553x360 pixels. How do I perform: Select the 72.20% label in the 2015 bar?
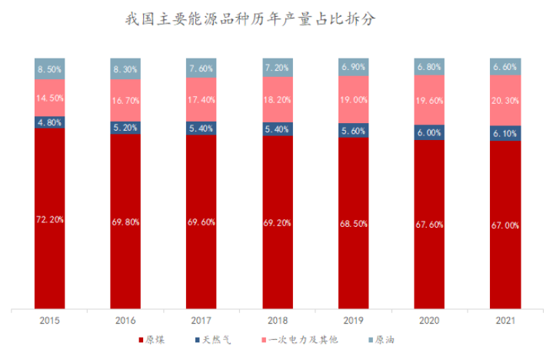point(49,219)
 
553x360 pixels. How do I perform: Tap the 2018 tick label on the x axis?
point(278,320)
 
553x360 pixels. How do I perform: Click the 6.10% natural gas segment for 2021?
point(505,133)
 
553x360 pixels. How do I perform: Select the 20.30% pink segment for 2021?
point(505,100)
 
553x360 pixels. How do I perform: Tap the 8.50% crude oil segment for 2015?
point(49,68)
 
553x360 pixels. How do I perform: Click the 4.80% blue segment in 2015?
point(49,122)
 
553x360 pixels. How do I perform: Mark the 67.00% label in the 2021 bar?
point(505,226)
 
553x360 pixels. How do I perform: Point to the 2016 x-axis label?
point(125,320)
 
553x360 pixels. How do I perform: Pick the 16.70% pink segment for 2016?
point(125,100)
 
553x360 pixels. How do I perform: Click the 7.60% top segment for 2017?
point(202,68)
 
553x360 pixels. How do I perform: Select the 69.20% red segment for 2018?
point(278,223)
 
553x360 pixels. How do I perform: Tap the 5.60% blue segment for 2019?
point(354,131)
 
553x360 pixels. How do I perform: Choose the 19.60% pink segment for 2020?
point(429,99)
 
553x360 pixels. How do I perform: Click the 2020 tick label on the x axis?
point(429,320)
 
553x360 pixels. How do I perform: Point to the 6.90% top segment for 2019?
point(354,67)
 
